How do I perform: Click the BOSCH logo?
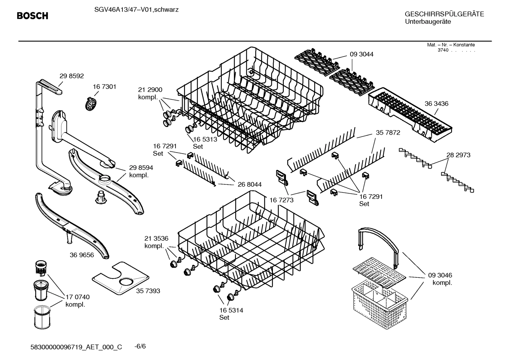click(32, 16)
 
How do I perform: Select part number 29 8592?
click(72, 76)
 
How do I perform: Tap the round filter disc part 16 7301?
click(91, 104)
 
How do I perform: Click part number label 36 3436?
click(436, 104)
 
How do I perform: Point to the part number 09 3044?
click(361, 54)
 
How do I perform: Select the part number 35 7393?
click(148, 291)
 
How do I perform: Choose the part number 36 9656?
click(82, 255)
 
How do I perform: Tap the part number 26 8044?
click(250, 184)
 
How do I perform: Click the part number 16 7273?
click(282, 200)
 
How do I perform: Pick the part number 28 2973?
click(458, 155)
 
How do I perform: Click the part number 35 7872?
click(388, 133)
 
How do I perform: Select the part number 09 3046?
click(440, 275)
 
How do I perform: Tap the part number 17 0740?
click(78, 297)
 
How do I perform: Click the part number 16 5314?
click(231, 310)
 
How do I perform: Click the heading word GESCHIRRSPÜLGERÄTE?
click(444, 14)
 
